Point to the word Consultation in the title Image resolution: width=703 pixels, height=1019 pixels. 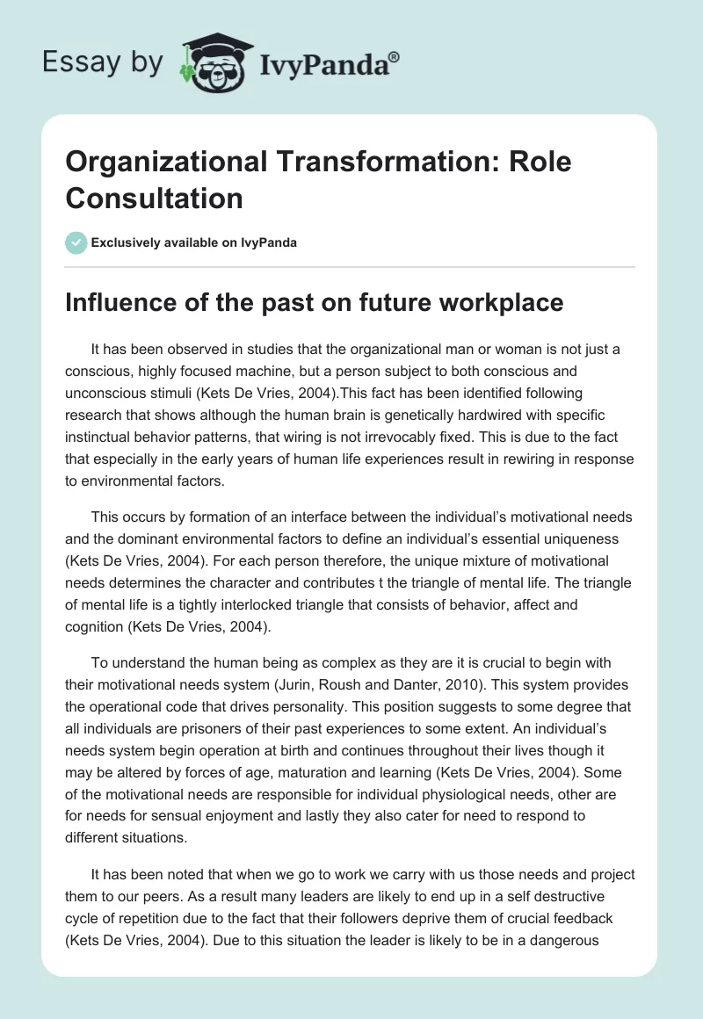(x=155, y=199)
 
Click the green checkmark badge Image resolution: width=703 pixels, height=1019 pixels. (x=76, y=242)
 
